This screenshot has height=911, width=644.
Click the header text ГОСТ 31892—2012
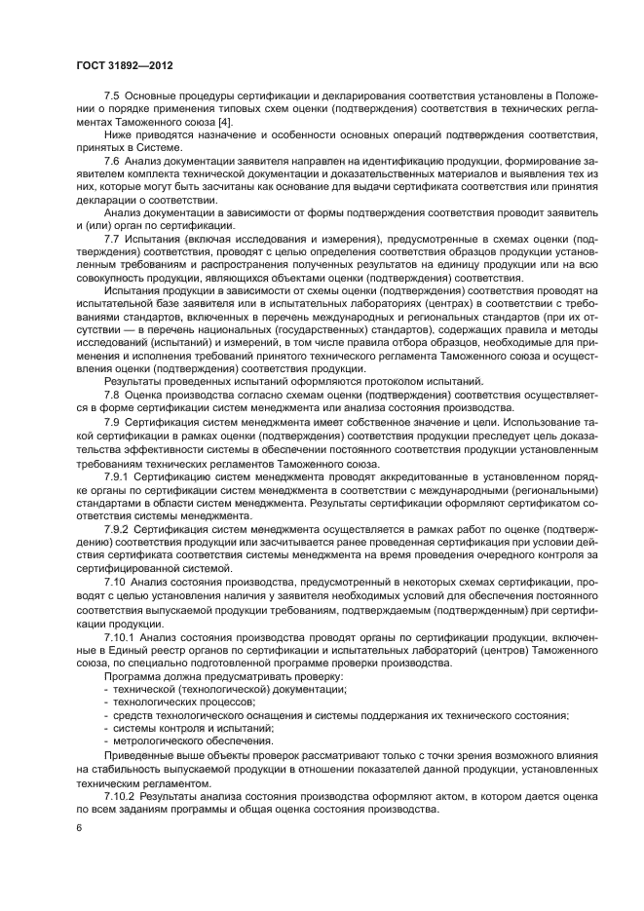click(x=119, y=65)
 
